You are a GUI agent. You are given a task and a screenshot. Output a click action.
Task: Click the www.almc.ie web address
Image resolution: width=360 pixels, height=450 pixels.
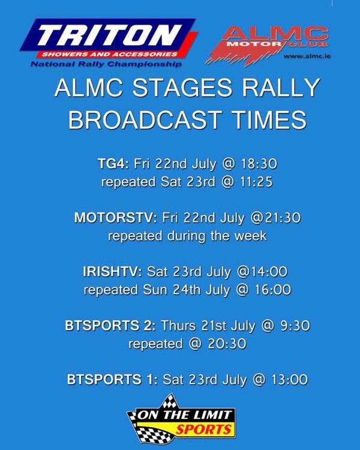click(x=307, y=56)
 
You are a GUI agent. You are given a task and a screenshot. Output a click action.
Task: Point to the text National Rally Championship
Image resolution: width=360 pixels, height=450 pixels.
click(x=106, y=64)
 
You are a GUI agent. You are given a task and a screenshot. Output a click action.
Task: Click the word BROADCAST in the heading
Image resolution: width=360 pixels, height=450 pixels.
click(x=145, y=119)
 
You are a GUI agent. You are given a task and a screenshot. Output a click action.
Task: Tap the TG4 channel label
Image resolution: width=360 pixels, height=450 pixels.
click(x=113, y=164)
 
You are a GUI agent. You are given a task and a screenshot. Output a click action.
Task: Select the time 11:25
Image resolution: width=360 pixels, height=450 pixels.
click(x=255, y=182)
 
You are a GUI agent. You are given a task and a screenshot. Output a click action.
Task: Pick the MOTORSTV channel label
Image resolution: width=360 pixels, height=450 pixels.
click(x=116, y=218)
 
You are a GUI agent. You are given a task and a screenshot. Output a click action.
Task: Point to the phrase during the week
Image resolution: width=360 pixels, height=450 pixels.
click(x=217, y=236)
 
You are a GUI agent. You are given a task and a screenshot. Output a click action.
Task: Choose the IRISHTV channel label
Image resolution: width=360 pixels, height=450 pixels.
click(x=112, y=271)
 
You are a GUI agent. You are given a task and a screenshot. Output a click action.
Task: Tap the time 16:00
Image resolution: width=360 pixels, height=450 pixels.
click(x=273, y=290)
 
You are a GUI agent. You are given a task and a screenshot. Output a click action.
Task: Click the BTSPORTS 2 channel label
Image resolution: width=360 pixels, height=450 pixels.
click(x=110, y=325)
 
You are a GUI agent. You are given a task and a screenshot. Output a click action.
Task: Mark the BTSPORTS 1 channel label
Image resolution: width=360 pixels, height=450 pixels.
click(x=113, y=379)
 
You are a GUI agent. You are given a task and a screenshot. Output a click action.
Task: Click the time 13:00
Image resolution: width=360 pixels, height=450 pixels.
click(x=290, y=379)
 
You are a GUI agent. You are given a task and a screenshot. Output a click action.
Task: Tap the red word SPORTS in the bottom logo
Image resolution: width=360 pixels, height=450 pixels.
click(x=204, y=430)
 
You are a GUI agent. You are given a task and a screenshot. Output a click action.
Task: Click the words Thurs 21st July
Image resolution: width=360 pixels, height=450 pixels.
click(x=208, y=326)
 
